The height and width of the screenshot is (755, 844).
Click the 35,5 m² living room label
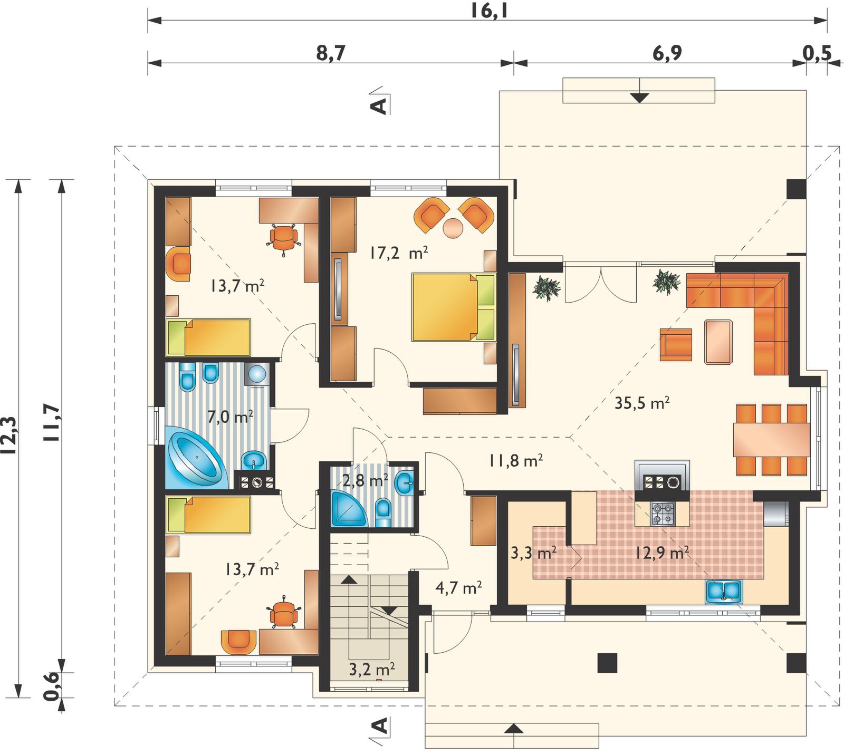(642, 403)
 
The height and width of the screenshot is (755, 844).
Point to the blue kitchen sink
(724, 592)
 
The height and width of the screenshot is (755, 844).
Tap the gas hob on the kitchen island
(663, 514)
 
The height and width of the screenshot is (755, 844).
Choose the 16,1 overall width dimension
(489, 11)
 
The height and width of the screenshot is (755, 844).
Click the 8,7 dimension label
(331, 53)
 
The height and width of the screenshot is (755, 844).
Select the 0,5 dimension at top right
(817, 53)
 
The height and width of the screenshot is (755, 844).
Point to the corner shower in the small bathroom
(348, 508)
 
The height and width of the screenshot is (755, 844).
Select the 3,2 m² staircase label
(372, 670)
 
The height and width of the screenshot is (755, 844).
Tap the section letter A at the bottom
(380, 727)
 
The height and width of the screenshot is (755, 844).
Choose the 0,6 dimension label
(52, 686)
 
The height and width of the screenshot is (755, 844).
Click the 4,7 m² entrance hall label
(458, 587)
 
